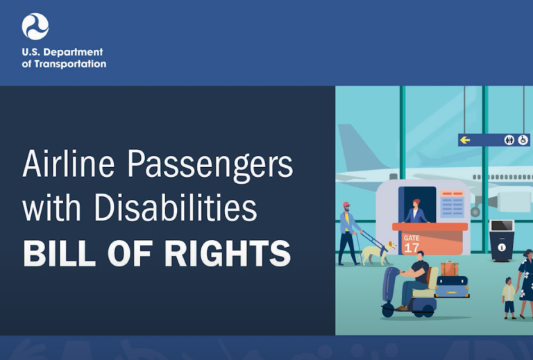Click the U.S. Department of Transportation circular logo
pyautogui.click(x=35, y=26)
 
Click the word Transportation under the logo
pyautogui.click(x=74, y=65)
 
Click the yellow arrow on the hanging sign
pyautogui.click(x=466, y=139)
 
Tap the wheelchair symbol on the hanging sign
pyautogui.click(x=523, y=139)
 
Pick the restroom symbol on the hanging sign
pyautogui.click(x=509, y=139)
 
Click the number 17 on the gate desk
pyautogui.click(x=412, y=247)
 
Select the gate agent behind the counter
pyautogui.click(x=416, y=211)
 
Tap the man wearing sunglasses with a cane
pyautogui.click(x=348, y=232)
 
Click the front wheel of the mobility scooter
pyautogui.click(x=387, y=309)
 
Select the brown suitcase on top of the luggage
pyautogui.click(x=450, y=268)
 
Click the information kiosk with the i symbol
pyautogui.click(x=502, y=240)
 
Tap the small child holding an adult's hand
pyautogui.click(x=509, y=296)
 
